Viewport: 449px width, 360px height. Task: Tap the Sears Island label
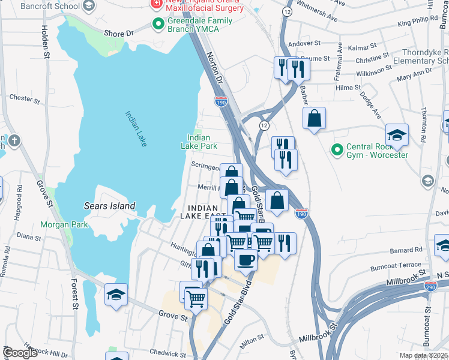[x=109, y=206]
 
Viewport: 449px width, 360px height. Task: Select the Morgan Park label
[x=64, y=225]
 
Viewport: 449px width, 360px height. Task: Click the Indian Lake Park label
[x=199, y=142]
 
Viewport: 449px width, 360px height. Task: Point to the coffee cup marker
[x=246, y=260]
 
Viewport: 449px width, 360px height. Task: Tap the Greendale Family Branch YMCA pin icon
[x=158, y=25]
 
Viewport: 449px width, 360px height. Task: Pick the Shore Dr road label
[x=118, y=34]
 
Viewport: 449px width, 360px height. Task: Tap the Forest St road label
[x=75, y=295]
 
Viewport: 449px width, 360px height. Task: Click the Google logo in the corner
[x=20, y=353]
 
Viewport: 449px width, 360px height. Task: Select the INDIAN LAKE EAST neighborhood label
[x=203, y=212]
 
